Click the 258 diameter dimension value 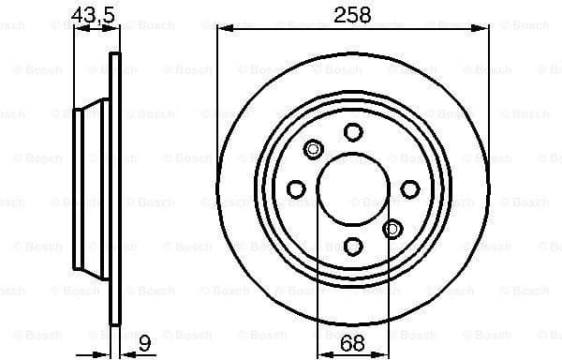click(352, 15)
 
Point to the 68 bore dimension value click(352, 344)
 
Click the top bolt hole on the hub click(353, 132)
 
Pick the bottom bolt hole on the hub click(353, 247)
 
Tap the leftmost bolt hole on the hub click(296, 189)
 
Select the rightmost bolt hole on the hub click(410, 189)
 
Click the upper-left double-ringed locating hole click(313, 149)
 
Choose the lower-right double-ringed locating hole click(393, 229)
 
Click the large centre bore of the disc click(353, 189)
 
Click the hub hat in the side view click(93, 189)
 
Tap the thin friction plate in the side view click(115, 189)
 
